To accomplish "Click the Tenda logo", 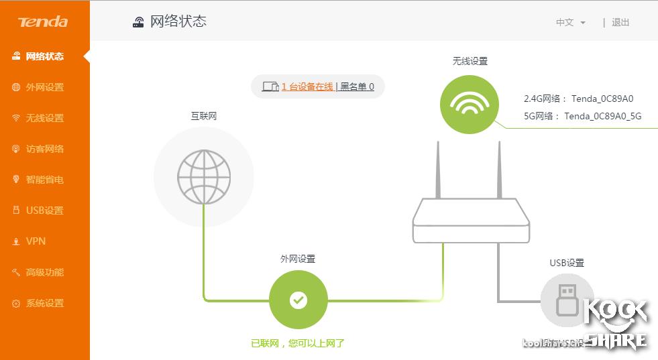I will coord(43,22).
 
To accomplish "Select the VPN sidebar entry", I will coord(36,241).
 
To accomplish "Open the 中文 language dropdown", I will coord(570,22).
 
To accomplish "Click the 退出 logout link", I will coord(620,22).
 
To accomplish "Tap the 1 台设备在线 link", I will coord(307,86).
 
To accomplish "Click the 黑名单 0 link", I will coord(357,86).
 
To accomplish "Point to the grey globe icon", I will coord(204,176).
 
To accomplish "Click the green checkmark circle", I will coord(298,300).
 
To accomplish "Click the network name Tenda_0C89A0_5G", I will coord(602,116).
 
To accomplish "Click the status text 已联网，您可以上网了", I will coord(298,343).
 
